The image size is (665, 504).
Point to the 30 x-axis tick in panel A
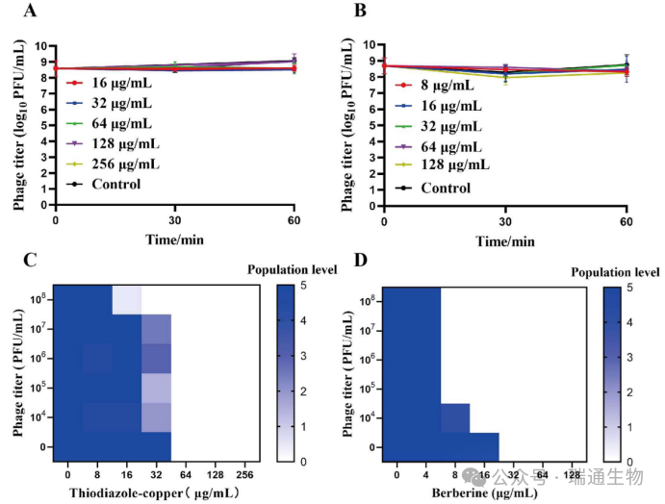click(x=174, y=220)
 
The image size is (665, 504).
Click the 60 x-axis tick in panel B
click(x=626, y=220)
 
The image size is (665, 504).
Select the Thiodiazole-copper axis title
click(x=154, y=493)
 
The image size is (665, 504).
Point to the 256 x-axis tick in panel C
click(x=244, y=475)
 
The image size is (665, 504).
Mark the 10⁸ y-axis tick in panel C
click(x=36, y=299)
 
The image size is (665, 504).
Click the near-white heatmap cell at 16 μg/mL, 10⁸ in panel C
click(x=127, y=300)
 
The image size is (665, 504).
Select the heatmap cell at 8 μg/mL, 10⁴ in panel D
click(x=455, y=417)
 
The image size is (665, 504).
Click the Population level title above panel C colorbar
click(x=293, y=269)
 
